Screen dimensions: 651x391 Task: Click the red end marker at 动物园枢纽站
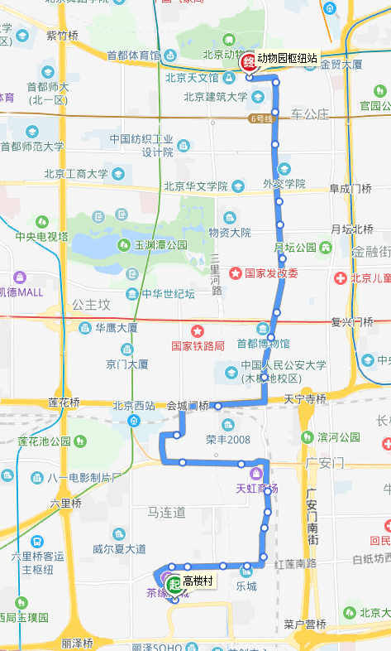(x=247, y=62)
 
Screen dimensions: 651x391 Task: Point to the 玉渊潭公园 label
(x=160, y=245)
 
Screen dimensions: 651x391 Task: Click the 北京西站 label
(x=134, y=406)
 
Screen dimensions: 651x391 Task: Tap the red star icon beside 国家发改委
(x=236, y=272)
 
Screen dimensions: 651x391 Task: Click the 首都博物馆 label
(x=264, y=343)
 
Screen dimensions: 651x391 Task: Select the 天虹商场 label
(x=256, y=489)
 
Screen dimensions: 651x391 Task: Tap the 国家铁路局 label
(x=198, y=345)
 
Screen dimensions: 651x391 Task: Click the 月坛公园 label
(x=295, y=247)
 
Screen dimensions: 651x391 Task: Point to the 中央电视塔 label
(x=41, y=236)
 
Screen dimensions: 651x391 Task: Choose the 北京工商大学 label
(x=75, y=174)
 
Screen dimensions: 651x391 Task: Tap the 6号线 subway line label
(x=260, y=118)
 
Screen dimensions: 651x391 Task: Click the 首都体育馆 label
(x=133, y=55)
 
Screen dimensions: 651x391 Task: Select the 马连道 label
(x=166, y=513)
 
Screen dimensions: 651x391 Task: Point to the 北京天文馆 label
(x=192, y=79)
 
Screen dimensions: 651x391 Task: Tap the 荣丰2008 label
(x=222, y=440)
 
